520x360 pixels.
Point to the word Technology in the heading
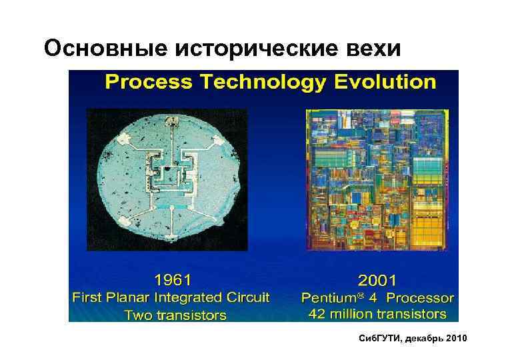[258, 82]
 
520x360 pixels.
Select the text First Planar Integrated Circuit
[171, 297]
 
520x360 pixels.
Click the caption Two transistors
[175, 315]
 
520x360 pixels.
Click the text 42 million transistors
[377, 313]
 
